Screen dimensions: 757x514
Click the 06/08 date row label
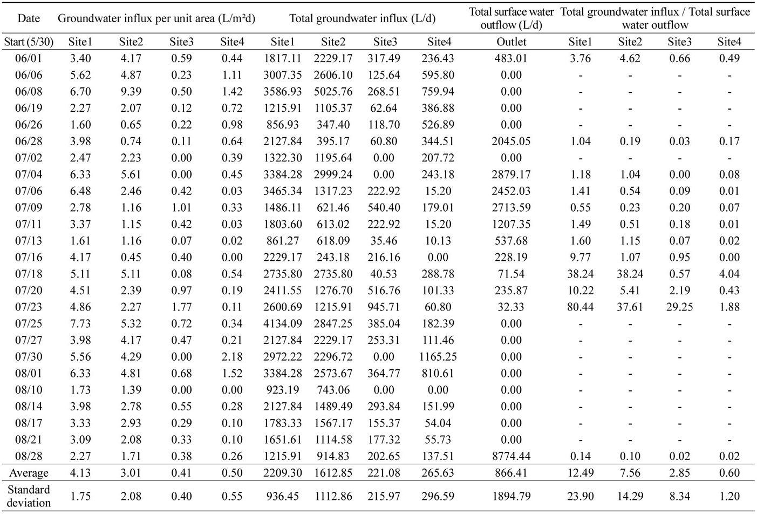pos(29,92)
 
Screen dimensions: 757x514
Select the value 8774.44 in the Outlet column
pos(511,456)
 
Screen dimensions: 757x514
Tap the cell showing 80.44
pos(580,307)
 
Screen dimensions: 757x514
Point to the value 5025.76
pos(333,92)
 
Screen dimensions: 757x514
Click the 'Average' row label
pos(29,473)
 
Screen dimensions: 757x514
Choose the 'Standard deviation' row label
pos(29,496)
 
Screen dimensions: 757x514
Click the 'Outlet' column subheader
pos(511,42)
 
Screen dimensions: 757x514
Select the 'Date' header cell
pos(29,18)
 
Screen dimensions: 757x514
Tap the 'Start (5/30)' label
pos(29,42)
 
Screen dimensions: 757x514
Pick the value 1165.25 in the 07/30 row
pos(438,357)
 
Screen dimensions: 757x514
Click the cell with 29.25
pos(680,307)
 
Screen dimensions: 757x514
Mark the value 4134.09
pos(283,323)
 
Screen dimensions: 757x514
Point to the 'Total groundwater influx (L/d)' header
pos(362,18)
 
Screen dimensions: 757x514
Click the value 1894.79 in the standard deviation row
pos(511,496)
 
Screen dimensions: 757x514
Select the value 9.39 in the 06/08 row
pos(131,92)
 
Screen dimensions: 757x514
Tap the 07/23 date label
pos(29,307)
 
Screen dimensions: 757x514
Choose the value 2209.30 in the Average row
pos(283,473)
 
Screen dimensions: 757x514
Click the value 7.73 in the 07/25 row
pos(80,323)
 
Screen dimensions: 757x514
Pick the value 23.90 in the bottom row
pos(580,496)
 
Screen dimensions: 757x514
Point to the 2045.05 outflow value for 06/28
pos(511,141)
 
